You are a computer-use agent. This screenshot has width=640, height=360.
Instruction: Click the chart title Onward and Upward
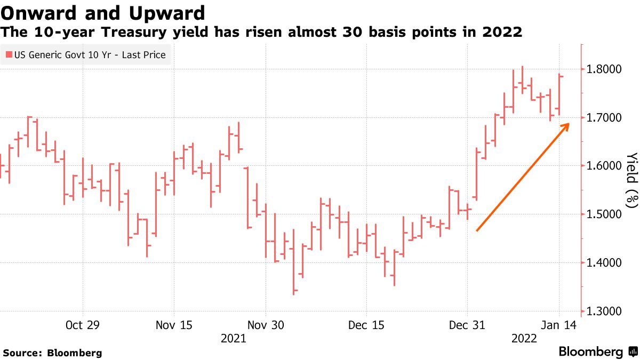[x=103, y=12]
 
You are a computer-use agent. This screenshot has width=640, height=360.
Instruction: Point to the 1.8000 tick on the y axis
[x=604, y=69]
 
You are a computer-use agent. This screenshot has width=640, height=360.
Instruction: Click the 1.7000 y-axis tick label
[x=604, y=117]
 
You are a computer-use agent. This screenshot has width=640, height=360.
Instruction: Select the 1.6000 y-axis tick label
[x=604, y=166]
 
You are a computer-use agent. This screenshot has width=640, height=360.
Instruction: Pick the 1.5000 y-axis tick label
[x=604, y=214]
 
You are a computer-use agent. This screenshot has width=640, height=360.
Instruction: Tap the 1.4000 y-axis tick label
[x=604, y=263]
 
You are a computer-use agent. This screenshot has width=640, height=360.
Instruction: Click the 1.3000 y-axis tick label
[x=604, y=311]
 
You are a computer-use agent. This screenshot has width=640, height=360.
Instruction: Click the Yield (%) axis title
[x=631, y=180]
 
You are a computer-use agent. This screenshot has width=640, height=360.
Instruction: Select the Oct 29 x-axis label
[x=83, y=325]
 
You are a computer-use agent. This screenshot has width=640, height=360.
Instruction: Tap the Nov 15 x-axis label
[x=174, y=325]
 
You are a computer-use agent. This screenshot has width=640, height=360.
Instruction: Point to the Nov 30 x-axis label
[x=265, y=325]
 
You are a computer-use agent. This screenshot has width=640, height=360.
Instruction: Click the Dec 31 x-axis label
[x=467, y=325]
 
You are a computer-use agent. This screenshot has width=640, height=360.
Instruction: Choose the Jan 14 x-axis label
[x=558, y=325]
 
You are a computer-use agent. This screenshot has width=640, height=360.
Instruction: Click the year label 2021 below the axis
[x=233, y=339]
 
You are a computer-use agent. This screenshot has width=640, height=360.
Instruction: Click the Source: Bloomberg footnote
[x=52, y=353]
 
